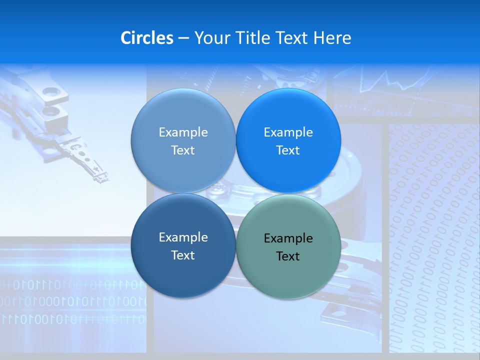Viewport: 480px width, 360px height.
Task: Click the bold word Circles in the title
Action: pos(147,38)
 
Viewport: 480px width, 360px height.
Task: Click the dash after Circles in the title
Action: pos(183,38)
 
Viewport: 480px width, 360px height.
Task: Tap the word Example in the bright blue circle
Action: pos(288,132)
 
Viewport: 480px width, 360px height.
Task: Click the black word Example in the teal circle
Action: pos(288,238)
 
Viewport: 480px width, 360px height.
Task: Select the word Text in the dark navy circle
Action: pos(183,255)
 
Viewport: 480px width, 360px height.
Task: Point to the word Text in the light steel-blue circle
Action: pos(183,150)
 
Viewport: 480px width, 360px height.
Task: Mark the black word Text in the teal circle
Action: pos(288,256)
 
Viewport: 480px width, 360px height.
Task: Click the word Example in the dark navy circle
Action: pos(183,237)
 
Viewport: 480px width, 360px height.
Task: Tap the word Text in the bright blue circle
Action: pos(288,150)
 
